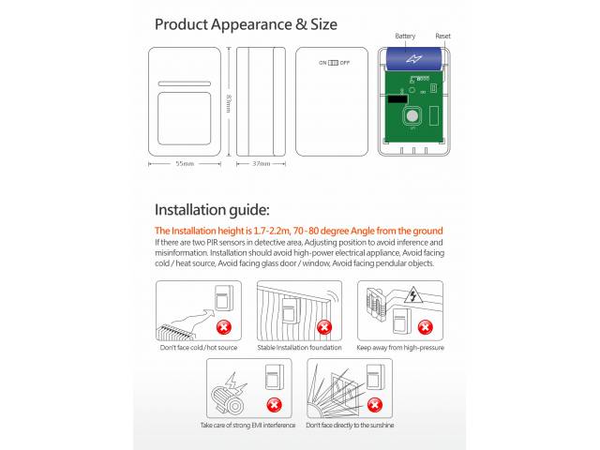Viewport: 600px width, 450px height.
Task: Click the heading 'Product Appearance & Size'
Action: coord(246,24)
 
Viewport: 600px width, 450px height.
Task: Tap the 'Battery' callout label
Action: coord(405,36)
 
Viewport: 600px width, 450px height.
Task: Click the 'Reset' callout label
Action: coord(442,36)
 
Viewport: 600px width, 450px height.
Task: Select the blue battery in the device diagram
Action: coord(413,58)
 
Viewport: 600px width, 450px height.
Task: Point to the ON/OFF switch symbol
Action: coord(334,63)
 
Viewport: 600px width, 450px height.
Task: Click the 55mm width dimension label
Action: coord(185,164)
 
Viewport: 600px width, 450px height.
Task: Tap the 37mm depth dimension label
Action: coord(261,164)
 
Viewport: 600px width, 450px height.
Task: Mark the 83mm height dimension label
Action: coord(229,104)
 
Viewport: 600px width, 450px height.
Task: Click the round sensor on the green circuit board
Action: coord(412,116)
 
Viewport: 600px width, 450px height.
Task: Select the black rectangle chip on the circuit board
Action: coord(397,99)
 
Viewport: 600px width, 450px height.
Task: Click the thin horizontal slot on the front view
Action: coord(185,83)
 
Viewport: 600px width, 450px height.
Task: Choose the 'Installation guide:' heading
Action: coord(212,210)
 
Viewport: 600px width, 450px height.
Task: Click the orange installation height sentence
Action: coord(299,231)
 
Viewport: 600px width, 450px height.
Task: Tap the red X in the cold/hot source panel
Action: coord(224,327)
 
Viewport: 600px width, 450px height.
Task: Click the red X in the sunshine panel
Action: coord(375,405)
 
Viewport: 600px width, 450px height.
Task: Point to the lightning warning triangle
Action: coord(412,294)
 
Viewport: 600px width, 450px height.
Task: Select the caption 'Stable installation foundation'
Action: coord(299,348)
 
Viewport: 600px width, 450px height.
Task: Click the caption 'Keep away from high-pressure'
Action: coord(400,348)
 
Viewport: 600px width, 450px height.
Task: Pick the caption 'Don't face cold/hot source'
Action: coord(199,348)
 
